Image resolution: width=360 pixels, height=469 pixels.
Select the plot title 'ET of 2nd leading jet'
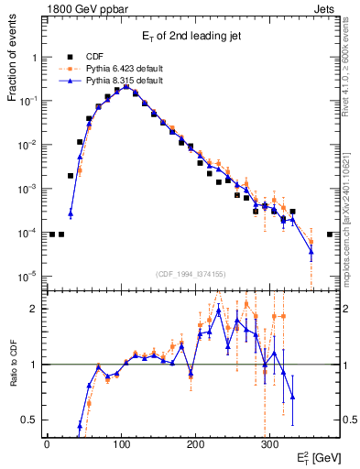190,37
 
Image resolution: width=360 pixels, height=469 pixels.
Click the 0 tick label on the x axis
47,443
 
